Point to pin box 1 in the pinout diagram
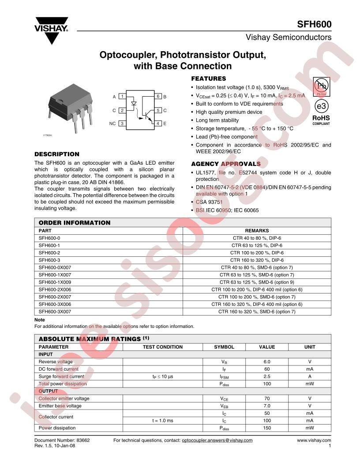coord(122,96)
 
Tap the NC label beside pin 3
coord(112,124)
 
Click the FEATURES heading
coord(208,79)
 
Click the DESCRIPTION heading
coord(57,154)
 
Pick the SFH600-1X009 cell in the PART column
coord(55,282)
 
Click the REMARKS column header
coord(257,230)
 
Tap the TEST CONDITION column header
coord(162,347)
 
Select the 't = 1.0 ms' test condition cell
coord(162,421)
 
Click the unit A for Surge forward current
coord(310,376)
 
